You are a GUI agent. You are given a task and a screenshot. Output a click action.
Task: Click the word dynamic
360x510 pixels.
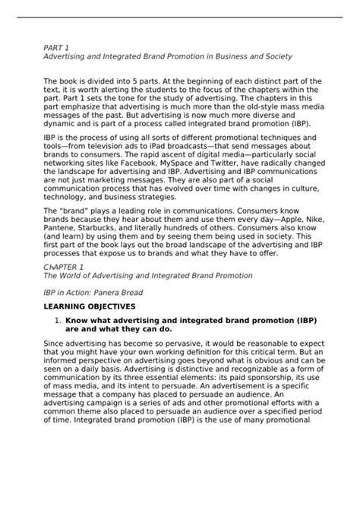click(x=59, y=123)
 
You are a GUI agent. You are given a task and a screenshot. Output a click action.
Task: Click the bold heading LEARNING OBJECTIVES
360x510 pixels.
click(x=90, y=306)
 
